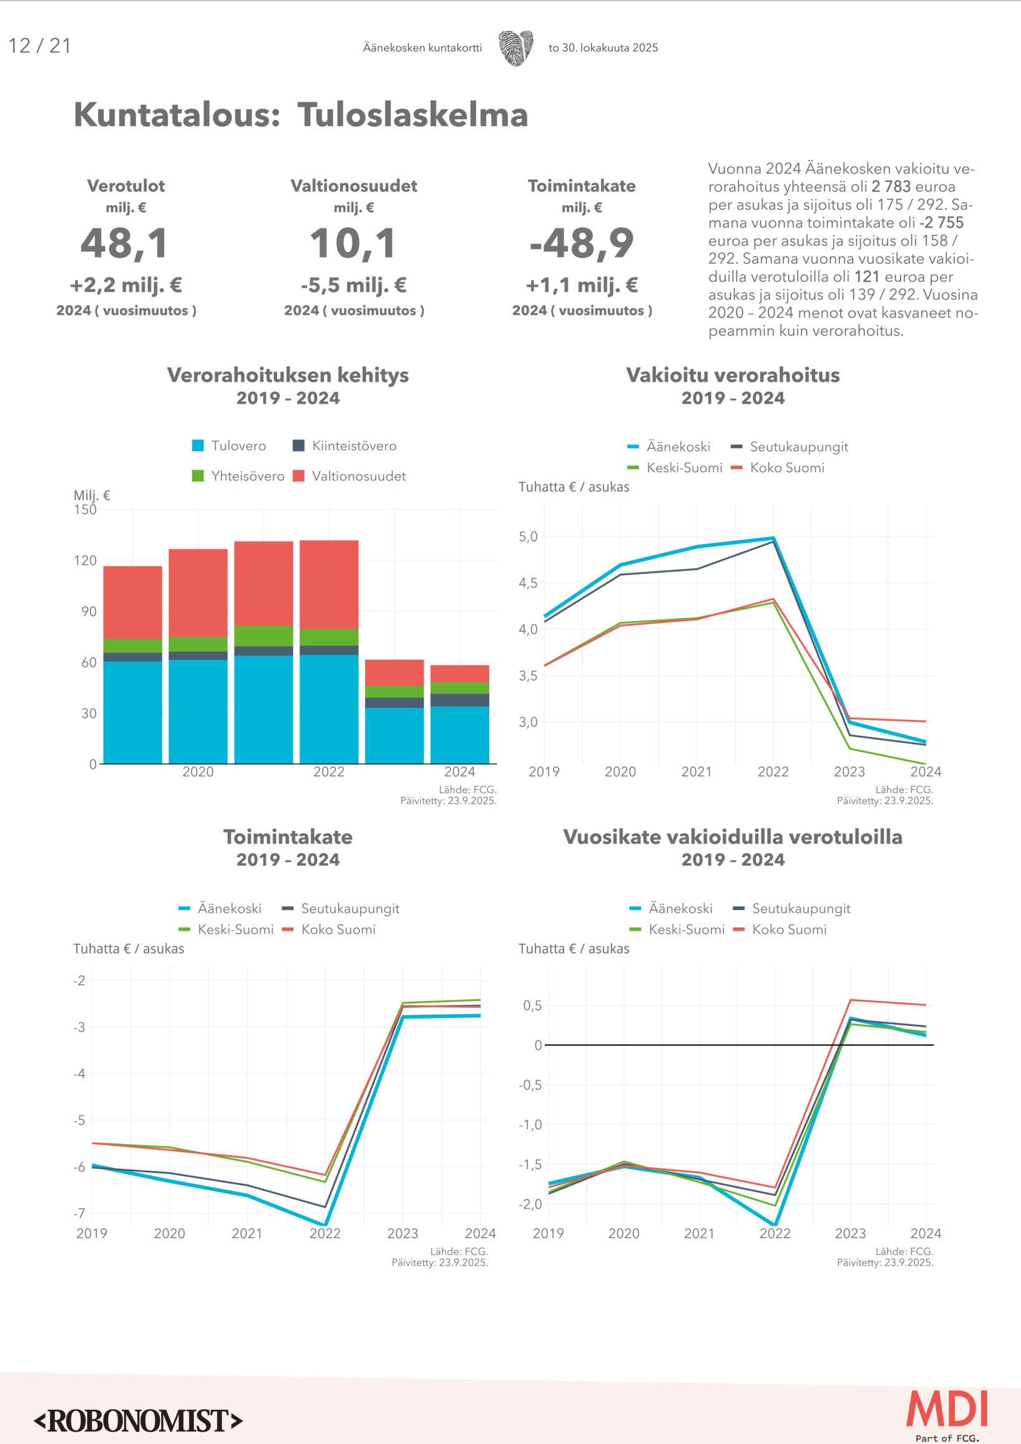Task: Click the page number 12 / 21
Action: pyautogui.click(x=40, y=46)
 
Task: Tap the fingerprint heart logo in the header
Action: pyautogui.click(x=516, y=48)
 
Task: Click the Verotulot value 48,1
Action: pyautogui.click(x=125, y=243)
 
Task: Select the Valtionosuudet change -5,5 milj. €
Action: pyautogui.click(x=354, y=286)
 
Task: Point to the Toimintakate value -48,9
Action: pyautogui.click(x=581, y=243)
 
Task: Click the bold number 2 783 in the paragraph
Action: pyautogui.click(x=891, y=187)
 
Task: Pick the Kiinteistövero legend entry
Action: pyautogui.click(x=344, y=446)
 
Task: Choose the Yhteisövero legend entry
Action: pyautogui.click(x=238, y=476)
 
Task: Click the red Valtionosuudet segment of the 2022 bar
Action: pyautogui.click(x=328, y=584)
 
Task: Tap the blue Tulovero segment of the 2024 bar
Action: pyautogui.click(x=459, y=735)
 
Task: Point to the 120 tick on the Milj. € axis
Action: pyautogui.click(x=85, y=560)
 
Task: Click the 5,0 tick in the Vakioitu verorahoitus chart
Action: pyautogui.click(x=528, y=536)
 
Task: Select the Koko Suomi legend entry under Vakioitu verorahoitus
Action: pyautogui.click(x=778, y=468)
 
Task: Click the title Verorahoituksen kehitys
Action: pyautogui.click(x=288, y=375)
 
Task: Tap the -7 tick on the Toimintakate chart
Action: pyautogui.click(x=79, y=1213)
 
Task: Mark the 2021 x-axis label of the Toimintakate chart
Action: pyautogui.click(x=247, y=1233)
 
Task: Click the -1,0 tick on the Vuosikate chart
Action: pyautogui.click(x=530, y=1125)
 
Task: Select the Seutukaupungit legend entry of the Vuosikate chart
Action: pyautogui.click(x=792, y=909)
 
